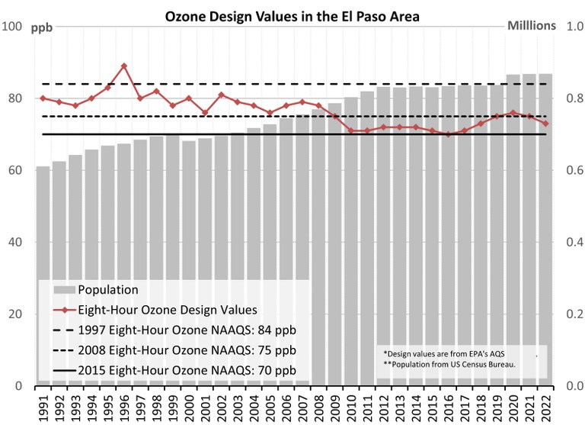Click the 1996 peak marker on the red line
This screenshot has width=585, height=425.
124,66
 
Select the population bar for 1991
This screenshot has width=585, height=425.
43,221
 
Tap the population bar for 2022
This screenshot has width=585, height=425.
545,229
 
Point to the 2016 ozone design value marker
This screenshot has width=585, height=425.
449,134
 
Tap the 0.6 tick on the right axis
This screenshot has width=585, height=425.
567,171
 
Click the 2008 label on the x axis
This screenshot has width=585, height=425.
318,405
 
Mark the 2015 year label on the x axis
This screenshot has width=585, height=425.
432,405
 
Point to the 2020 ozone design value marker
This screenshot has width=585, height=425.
513,113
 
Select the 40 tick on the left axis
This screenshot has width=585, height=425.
14,243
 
